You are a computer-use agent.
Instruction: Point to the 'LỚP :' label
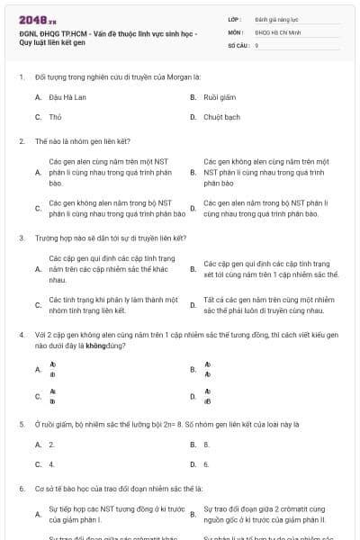point(235,19)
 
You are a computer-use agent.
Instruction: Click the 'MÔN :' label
point(236,31)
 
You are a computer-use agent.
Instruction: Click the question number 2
point(21,141)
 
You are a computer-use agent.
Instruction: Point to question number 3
point(21,238)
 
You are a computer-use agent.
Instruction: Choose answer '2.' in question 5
point(52,445)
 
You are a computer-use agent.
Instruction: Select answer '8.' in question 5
point(207,445)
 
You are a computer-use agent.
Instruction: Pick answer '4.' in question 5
point(52,464)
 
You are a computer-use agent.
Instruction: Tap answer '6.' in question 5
point(207,464)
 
